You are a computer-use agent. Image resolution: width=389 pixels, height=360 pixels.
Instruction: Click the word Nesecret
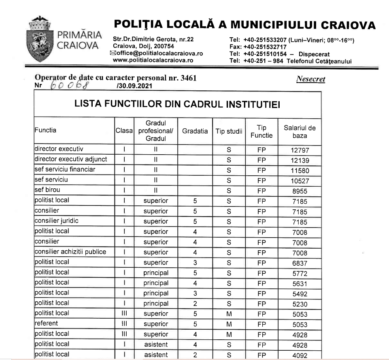point(310,79)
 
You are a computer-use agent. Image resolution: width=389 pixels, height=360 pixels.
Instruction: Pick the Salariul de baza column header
point(300,131)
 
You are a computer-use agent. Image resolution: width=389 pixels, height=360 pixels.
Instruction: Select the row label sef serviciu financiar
point(65,170)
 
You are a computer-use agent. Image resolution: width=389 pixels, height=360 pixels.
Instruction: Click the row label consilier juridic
point(56,221)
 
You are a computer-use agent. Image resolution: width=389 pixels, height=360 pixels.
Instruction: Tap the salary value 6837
point(300,262)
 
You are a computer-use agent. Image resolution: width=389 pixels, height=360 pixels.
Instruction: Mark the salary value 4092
point(300,355)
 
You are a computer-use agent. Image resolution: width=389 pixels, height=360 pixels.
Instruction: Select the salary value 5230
point(300,304)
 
